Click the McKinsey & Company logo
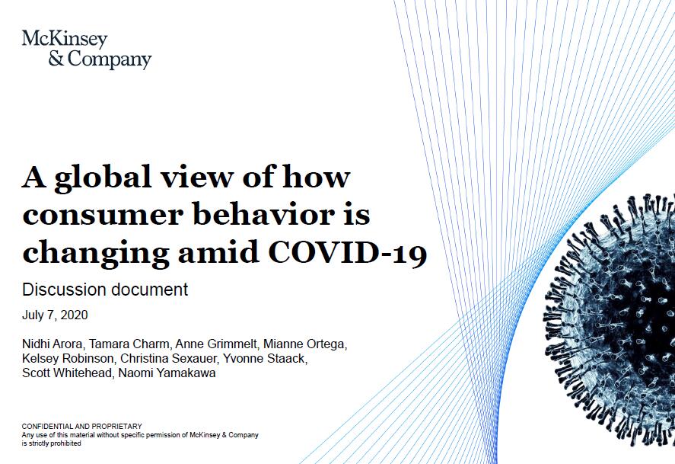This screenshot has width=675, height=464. pos(87,49)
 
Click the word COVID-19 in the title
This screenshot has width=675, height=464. pos(348,252)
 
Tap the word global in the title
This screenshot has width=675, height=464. pos(103,178)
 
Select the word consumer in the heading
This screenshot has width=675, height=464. pos(103,215)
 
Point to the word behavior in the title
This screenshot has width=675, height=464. pos(264,213)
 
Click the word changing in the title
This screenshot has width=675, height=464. pos(96,254)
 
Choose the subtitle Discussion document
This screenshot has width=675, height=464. pos(105,290)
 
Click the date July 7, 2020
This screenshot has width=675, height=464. pos(55,315)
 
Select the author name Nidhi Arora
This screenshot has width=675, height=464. pos(52,344)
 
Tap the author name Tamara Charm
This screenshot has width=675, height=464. pos(129,344)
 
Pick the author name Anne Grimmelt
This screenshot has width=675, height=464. pos(216,344)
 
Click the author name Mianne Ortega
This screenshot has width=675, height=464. pos(305,344)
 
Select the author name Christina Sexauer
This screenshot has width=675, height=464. pos(169,358)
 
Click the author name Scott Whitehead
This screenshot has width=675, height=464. pos(67,373)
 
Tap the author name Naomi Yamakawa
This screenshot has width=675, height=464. pos(167,373)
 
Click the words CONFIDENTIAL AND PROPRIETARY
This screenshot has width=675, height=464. pos(81,427)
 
